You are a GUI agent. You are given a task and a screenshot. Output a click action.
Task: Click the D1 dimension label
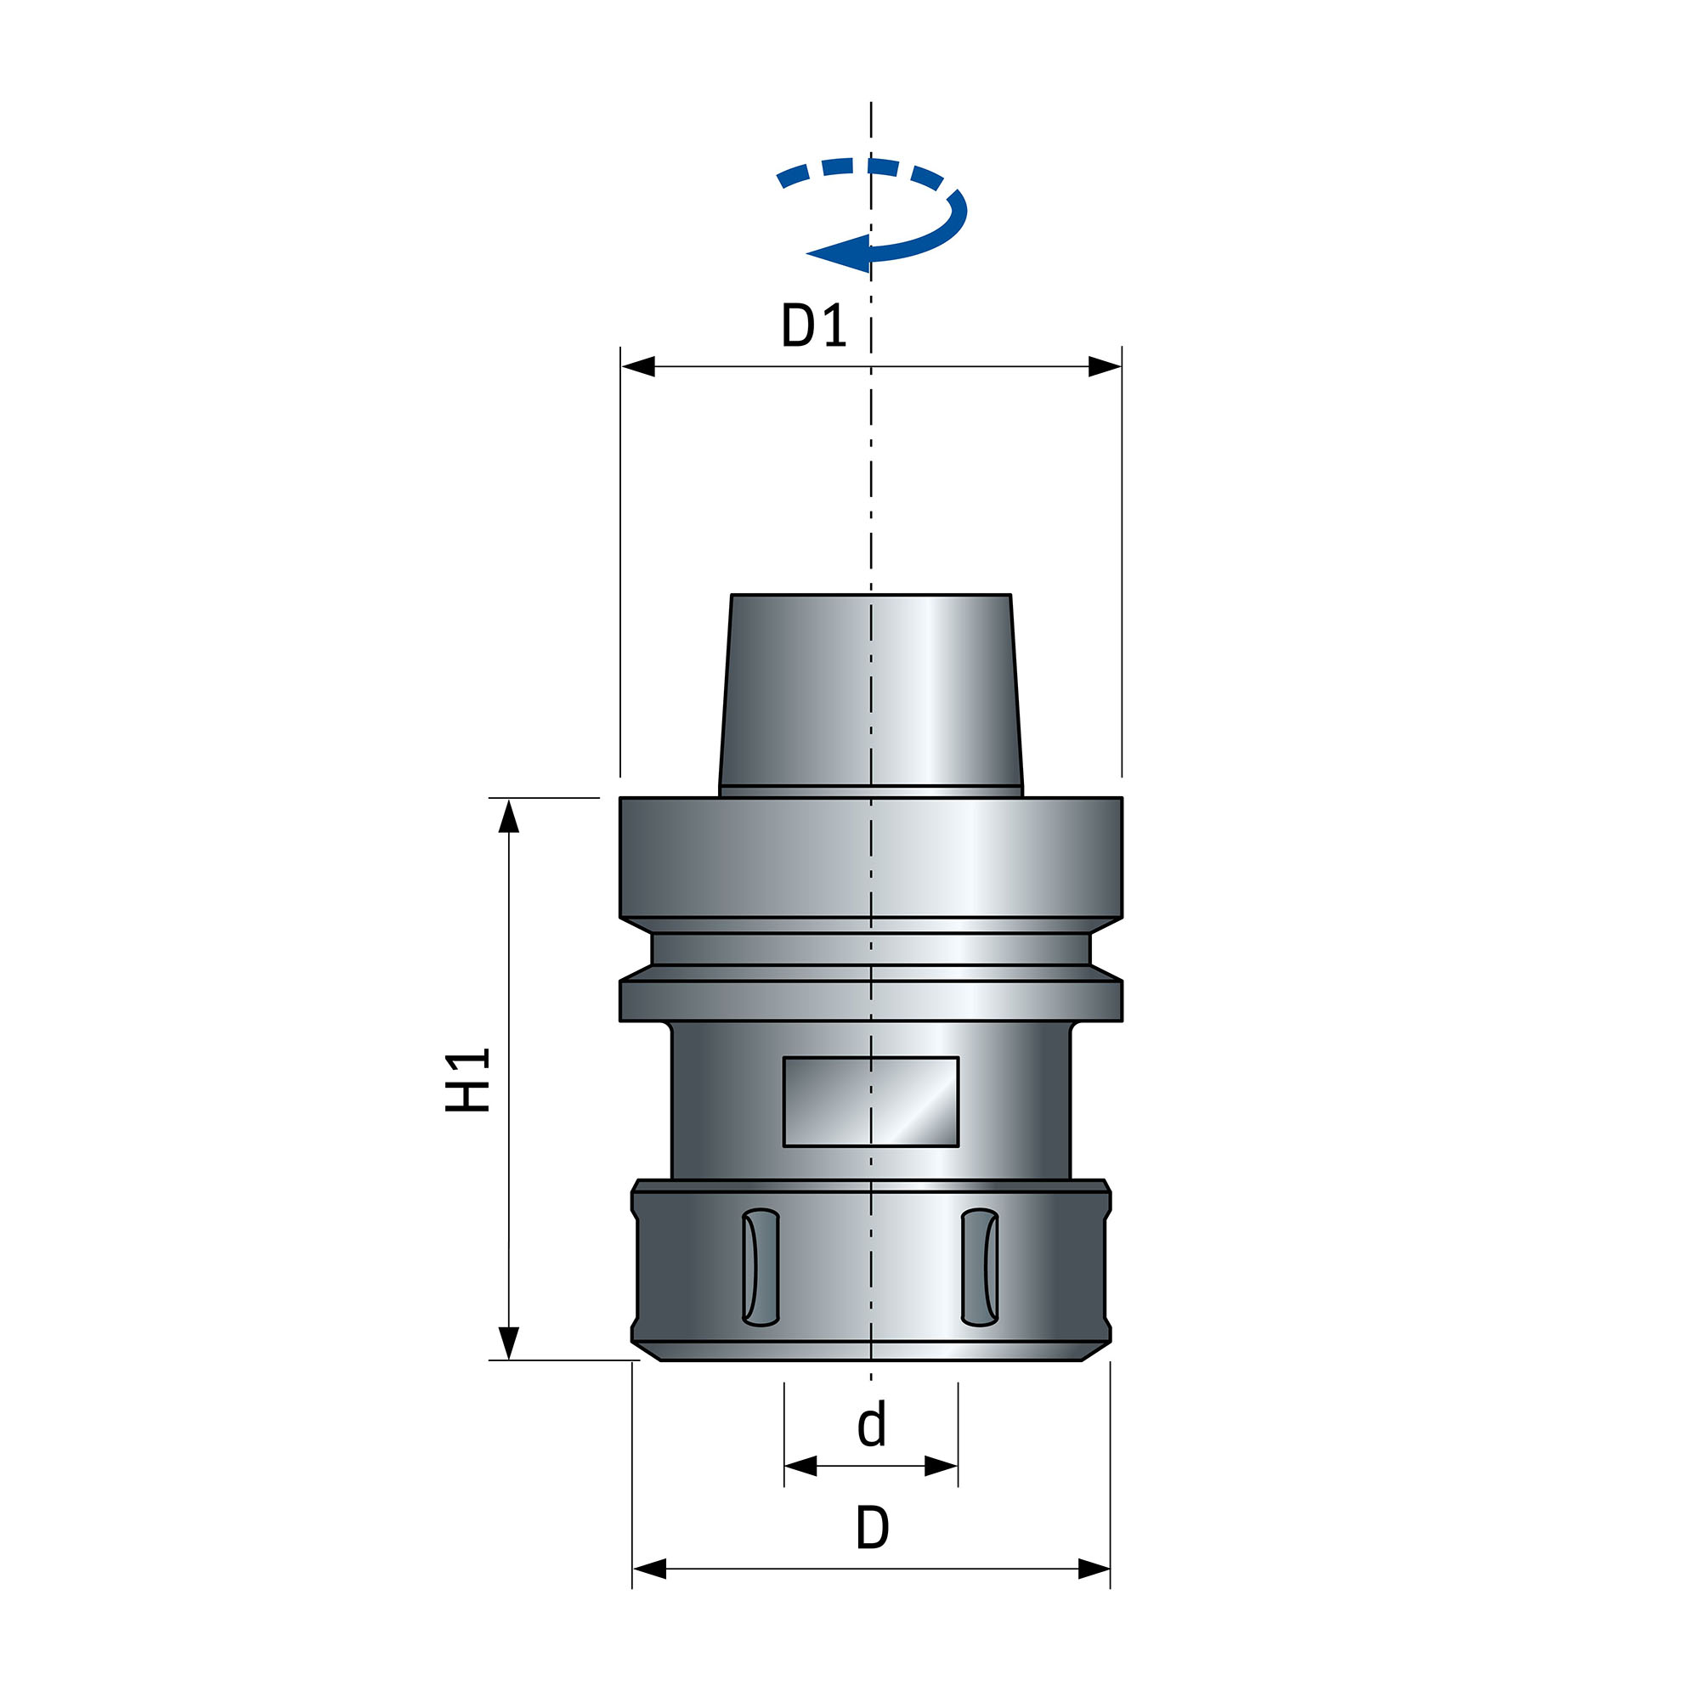813,325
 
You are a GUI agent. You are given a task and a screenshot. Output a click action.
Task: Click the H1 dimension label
467,1080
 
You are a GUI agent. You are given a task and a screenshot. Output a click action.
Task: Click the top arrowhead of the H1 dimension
509,816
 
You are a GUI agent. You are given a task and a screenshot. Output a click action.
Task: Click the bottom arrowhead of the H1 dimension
509,1343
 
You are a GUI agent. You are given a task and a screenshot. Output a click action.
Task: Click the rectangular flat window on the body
871,1102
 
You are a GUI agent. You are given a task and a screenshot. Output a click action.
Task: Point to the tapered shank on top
871,692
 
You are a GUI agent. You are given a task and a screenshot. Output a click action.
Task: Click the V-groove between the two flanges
871,949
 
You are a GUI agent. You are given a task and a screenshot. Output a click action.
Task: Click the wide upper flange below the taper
871,857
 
